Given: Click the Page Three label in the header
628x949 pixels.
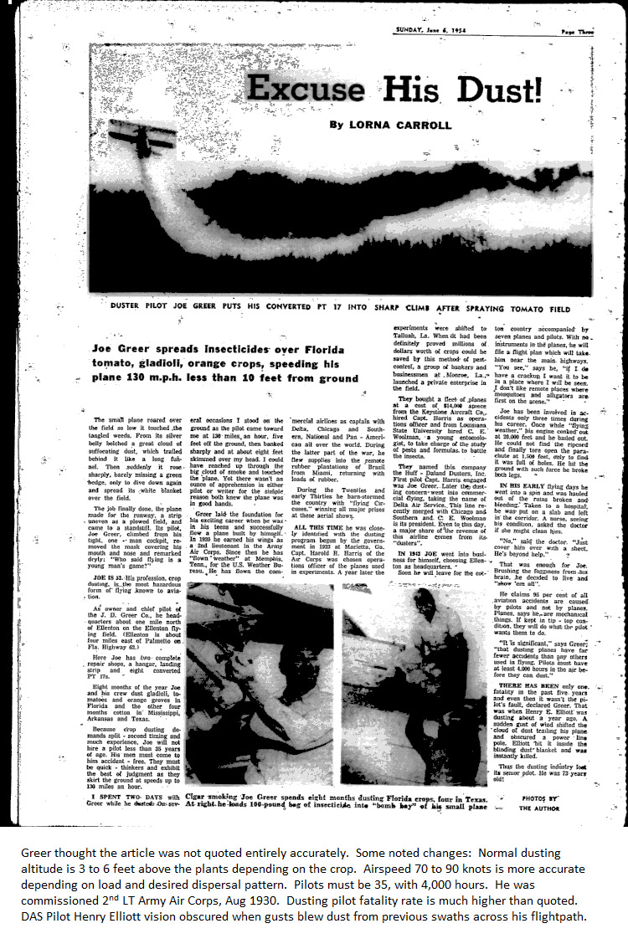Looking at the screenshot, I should [x=578, y=30].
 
